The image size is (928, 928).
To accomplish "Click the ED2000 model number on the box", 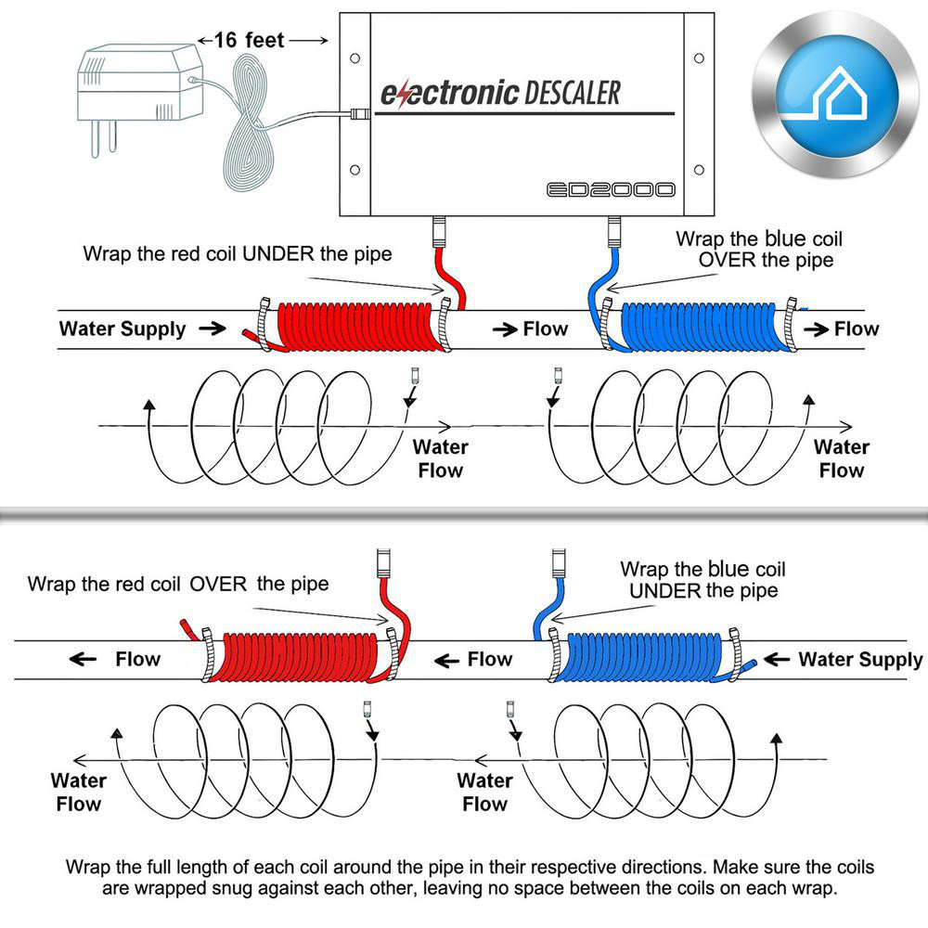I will click(610, 190).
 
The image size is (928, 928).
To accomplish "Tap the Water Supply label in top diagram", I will click(122, 329).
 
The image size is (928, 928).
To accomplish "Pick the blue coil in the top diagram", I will click(705, 327).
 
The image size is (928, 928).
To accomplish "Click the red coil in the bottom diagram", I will click(295, 657).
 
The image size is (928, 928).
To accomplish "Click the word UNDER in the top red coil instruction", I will click(275, 253).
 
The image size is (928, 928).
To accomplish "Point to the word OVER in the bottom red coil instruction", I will click(219, 584).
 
